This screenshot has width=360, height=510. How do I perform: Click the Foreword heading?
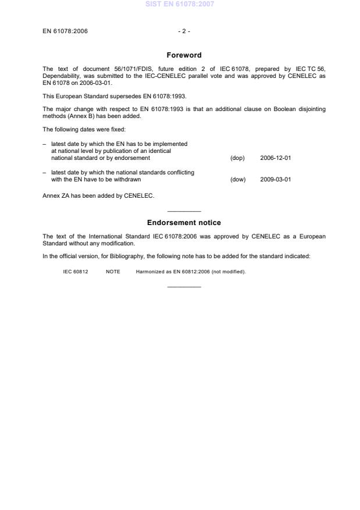(x=184, y=55)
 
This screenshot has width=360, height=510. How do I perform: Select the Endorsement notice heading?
(x=184, y=223)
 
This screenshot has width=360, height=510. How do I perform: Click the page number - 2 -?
(x=184, y=31)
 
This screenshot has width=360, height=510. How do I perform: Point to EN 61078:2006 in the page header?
(x=65, y=31)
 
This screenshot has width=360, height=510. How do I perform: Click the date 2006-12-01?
(x=276, y=158)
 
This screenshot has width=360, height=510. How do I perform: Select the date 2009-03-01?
(x=276, y=180)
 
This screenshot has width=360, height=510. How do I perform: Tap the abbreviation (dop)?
(x=237, y=158)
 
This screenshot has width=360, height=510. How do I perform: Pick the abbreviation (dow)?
(x=238, y=180)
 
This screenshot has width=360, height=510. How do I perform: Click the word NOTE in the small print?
(x=113, y=272)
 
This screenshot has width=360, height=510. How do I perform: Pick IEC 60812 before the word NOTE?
(x=76, y=272)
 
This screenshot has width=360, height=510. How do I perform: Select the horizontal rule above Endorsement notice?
(x=184, y=211)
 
